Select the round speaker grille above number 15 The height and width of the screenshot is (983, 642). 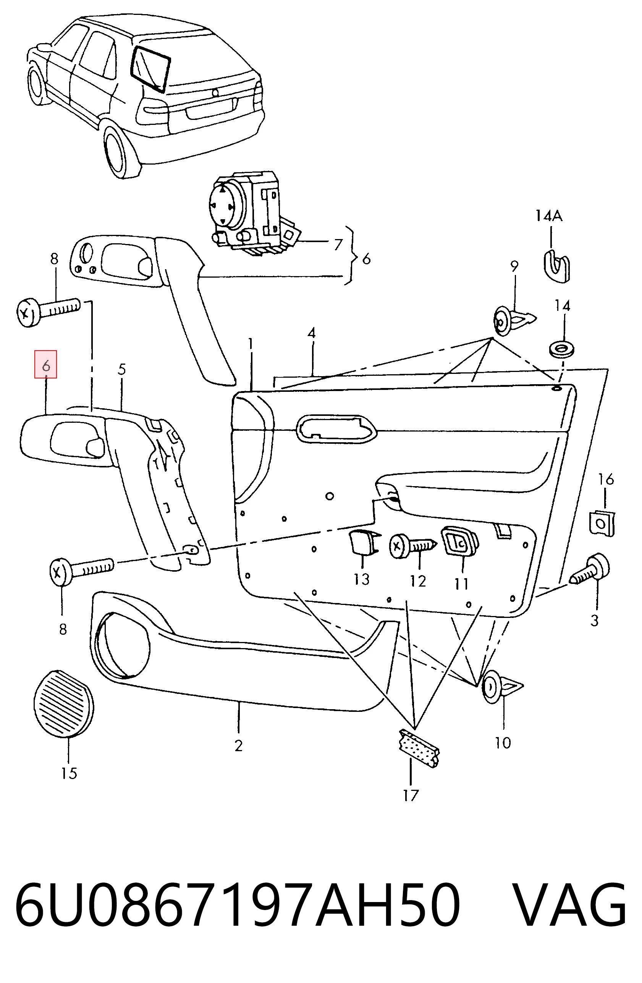tap(63, 703)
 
